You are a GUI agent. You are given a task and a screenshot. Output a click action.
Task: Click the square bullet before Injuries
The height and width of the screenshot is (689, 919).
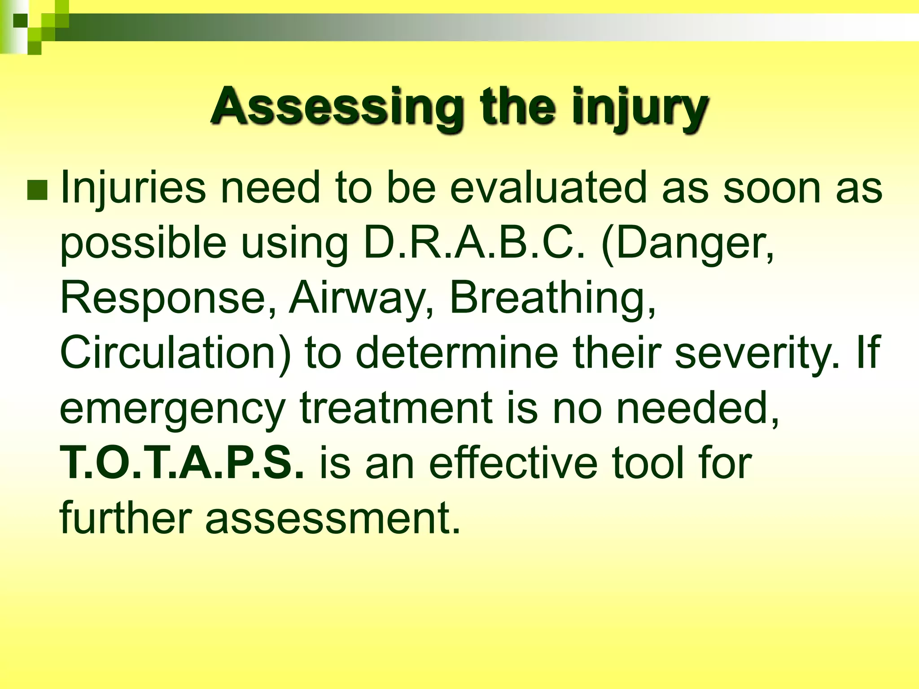[x=37, y=189]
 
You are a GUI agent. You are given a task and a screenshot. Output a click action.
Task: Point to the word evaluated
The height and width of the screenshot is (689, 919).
[x=548, y=188]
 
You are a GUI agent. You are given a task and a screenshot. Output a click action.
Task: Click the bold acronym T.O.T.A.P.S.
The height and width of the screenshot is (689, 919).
[x=182, y=463]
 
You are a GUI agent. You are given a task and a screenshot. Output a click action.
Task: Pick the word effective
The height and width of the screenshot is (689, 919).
[x=513, y=463]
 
